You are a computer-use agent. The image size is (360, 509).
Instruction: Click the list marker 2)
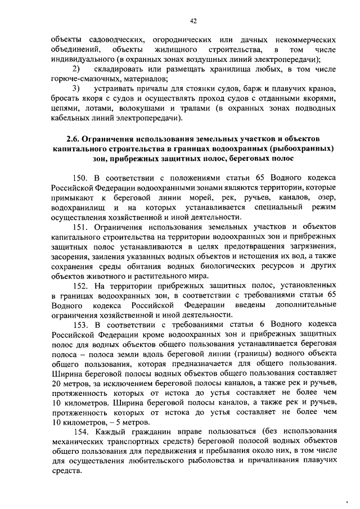tap(79, 69)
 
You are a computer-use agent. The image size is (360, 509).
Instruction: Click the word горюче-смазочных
tap(78, 79)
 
